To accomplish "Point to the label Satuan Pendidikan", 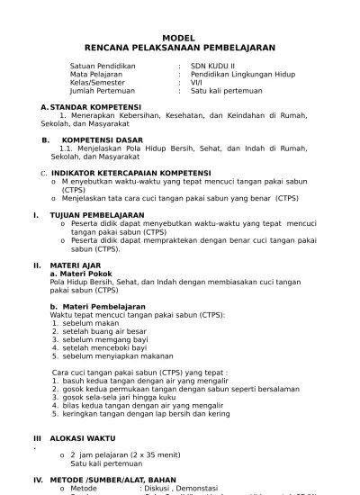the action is (103, 66).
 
